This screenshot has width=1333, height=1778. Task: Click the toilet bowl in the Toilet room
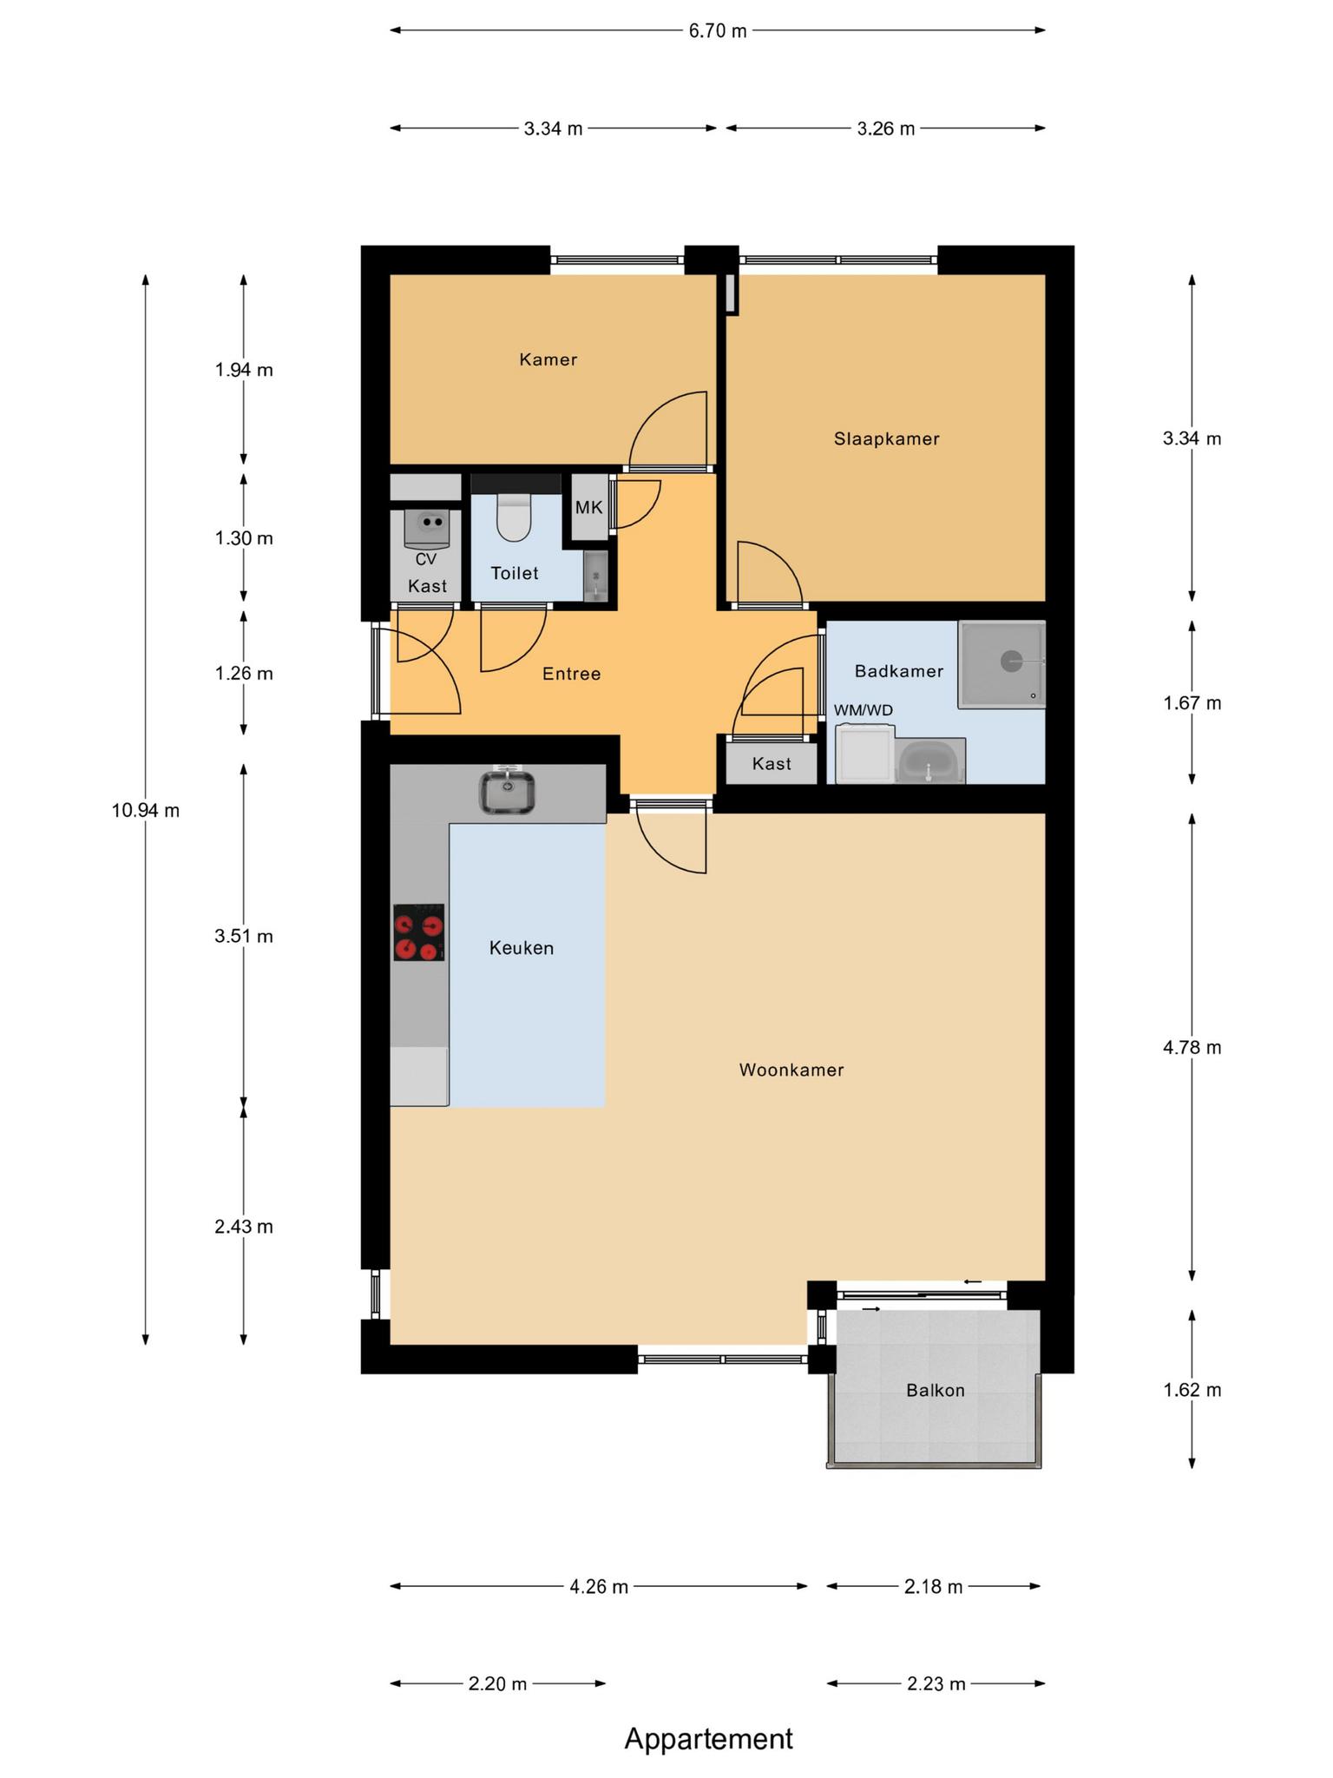[513, 517]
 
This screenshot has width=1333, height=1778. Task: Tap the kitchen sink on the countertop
[508, 792]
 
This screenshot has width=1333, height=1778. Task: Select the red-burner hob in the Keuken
[418, 932]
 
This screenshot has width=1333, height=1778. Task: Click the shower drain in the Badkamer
[1012, 662]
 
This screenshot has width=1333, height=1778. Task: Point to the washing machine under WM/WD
[865, 754]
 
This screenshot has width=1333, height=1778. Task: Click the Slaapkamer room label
[887, 439]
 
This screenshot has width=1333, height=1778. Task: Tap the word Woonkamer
[791, 1070]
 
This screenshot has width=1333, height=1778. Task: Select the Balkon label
[936, 1390]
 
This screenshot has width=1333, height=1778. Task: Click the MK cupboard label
[589, 508]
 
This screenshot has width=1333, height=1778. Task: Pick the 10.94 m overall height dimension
[146, 811]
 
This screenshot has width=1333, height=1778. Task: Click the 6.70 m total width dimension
[718, 31]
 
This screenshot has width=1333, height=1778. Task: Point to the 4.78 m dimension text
[1192, 1048]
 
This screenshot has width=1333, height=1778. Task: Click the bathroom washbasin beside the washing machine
[929, 761]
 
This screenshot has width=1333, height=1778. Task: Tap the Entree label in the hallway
[572, 674]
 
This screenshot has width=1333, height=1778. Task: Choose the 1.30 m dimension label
[244, 538]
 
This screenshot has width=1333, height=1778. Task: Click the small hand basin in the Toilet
[595, 576]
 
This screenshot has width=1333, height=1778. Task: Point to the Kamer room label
[548, 359]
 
